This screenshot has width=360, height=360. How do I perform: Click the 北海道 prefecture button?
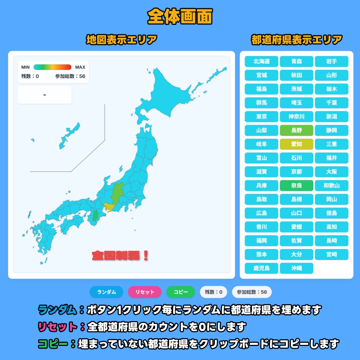261,62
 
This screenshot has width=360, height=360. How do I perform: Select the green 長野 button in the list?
297,130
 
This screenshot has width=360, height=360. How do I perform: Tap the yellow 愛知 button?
297,144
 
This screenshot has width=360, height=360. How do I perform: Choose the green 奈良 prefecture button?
297,185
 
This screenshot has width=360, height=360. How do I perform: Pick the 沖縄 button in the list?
297,268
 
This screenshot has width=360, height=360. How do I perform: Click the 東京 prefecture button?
261,117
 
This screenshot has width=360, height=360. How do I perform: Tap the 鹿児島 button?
261,268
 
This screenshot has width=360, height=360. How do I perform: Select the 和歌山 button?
332,185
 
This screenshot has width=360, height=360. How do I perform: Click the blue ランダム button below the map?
107,292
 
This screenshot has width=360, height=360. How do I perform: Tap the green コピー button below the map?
181,292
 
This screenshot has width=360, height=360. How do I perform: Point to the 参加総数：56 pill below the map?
252,292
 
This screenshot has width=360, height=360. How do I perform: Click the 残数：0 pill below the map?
213,292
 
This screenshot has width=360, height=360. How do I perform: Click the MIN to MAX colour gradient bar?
52,67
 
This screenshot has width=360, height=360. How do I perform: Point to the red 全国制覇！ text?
120,256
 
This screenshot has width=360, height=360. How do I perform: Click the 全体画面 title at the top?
180,16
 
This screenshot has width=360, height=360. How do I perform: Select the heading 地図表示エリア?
122,40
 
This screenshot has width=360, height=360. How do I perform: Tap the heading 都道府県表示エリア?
296,40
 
